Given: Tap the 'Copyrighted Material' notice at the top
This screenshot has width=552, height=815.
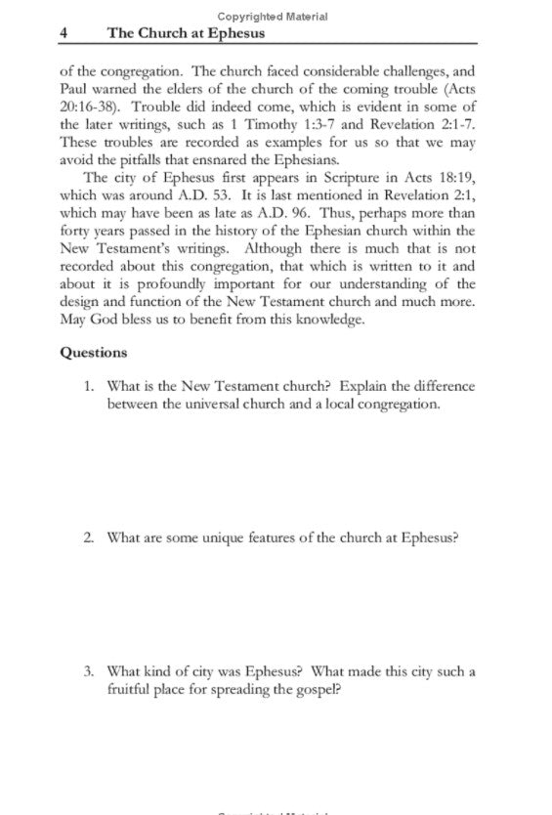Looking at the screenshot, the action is [273, 17].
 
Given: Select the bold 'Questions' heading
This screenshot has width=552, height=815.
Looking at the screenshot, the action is [93, 353].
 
